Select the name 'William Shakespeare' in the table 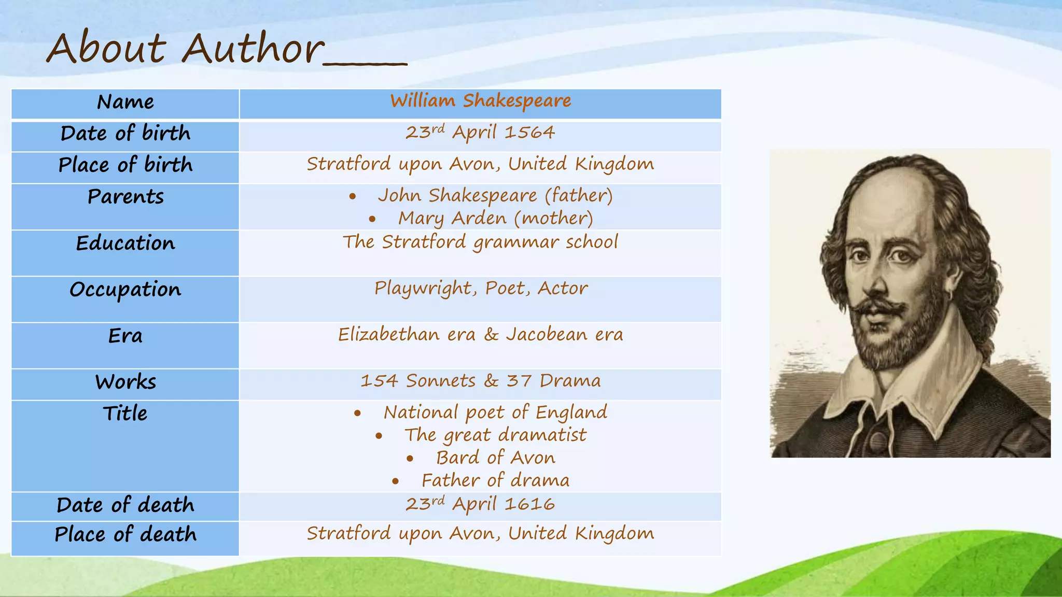(x=480, y=101)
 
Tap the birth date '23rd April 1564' (x=480, y=133)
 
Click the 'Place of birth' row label (x=125, y=165)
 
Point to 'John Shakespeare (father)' (x=495, y=195)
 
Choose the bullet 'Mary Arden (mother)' (x=495, y=218)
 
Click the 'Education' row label (x=125, y=243)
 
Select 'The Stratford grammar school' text (x=480, y=242)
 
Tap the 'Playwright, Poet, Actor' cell (x=481, y=288)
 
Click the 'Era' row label (x=125, y=336)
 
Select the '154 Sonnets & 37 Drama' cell (x=480, y=381)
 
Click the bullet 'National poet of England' (x=495, y=413)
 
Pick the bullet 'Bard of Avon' (x=495, y=458)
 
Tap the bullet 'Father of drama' (x=495, y=480)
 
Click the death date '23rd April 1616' (x=480, y=504)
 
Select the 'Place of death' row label (x=125, y=534)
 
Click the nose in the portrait (x=877, y=283)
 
